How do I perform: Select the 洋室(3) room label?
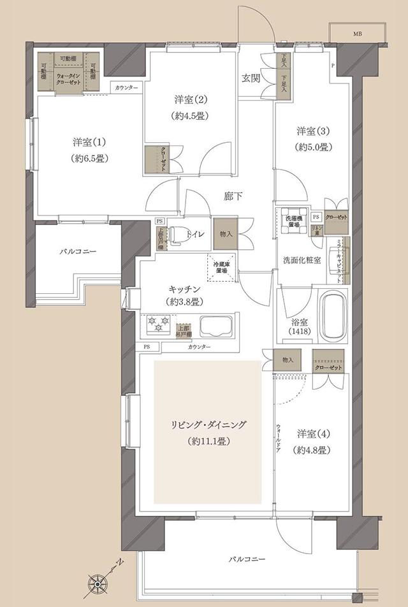[x=312, y=132]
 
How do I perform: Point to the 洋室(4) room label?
[x=312, y=434]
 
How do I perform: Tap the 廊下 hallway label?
[x=232, y=196]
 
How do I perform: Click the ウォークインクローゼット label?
[x=69, y=78]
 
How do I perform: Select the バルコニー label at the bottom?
[x=247, y=559]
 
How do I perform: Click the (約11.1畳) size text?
[x=207, y=441]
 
